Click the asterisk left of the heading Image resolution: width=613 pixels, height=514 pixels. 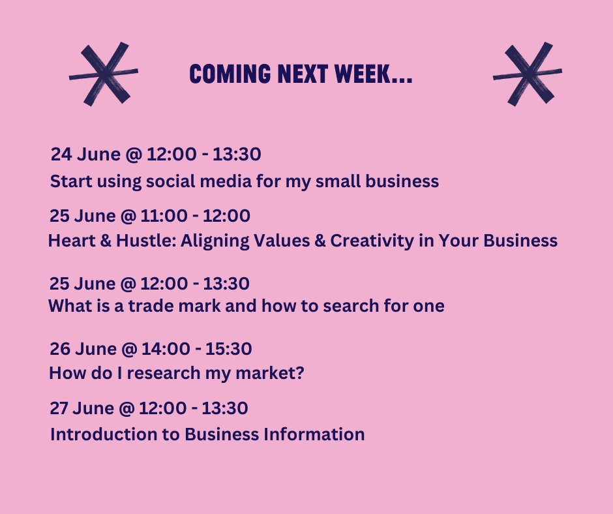coord(103,74)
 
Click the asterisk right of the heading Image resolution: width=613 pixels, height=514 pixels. coord(527,74)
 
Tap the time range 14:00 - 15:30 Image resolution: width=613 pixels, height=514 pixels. coord(200,349)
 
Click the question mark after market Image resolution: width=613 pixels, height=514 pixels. coord(301,374)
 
